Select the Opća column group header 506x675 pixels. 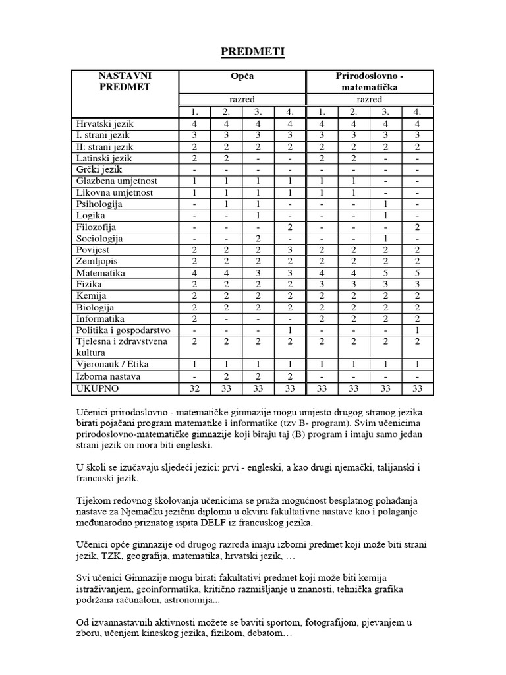tap(243, 76)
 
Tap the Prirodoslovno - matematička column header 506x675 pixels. tap(370, 82)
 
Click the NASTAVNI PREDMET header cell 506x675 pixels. tap(125, 82)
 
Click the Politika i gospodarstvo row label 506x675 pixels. tap(124, 330)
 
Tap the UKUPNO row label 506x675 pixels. tap(98, 389)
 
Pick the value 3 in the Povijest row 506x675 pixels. tap(290, 250)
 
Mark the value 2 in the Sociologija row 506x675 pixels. tap(258, 239)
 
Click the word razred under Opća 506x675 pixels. tap(243, 100)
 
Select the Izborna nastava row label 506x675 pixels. tap(109, 377)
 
